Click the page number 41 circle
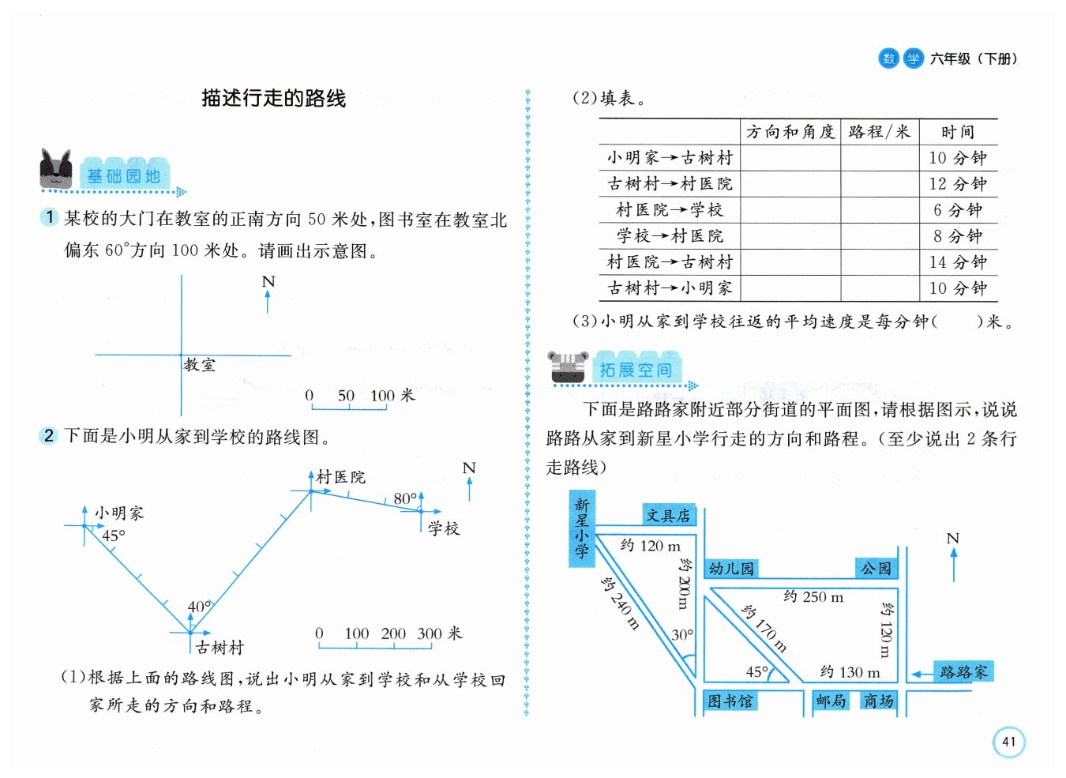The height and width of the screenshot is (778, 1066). tap(1008, 742)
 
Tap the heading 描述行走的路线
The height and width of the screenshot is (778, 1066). tap(273, 98)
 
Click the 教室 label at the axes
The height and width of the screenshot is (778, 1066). tap(199, 365)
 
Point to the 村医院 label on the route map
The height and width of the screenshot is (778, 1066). tap(340, 477)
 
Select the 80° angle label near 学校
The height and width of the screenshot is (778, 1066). tap(404, 499)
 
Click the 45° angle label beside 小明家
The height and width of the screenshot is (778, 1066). tap(113, 536)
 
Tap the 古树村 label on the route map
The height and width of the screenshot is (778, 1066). tap(220, 648)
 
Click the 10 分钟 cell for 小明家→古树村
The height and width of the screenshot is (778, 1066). tap(957, 158)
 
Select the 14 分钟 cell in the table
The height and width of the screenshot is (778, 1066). tap(957, 262)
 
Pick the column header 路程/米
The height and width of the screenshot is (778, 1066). tap(879, 132)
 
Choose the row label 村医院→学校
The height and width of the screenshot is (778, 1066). tap(670, 210)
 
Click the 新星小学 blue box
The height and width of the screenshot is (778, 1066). tap(581, 528)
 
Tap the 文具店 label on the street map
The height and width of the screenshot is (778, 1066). tap(668, 516)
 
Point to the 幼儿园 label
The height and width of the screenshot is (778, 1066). tap(731, 569)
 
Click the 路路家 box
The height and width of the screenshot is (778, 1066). tap(963, 672)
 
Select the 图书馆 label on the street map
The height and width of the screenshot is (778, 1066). tap(730, 701)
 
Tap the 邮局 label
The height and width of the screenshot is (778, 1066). tap(831, 701)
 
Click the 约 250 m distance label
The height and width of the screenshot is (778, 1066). tap(813, 597)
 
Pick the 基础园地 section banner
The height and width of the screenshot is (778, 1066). tap(124, 175)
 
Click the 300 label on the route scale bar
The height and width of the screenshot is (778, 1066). tap(430, 633)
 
